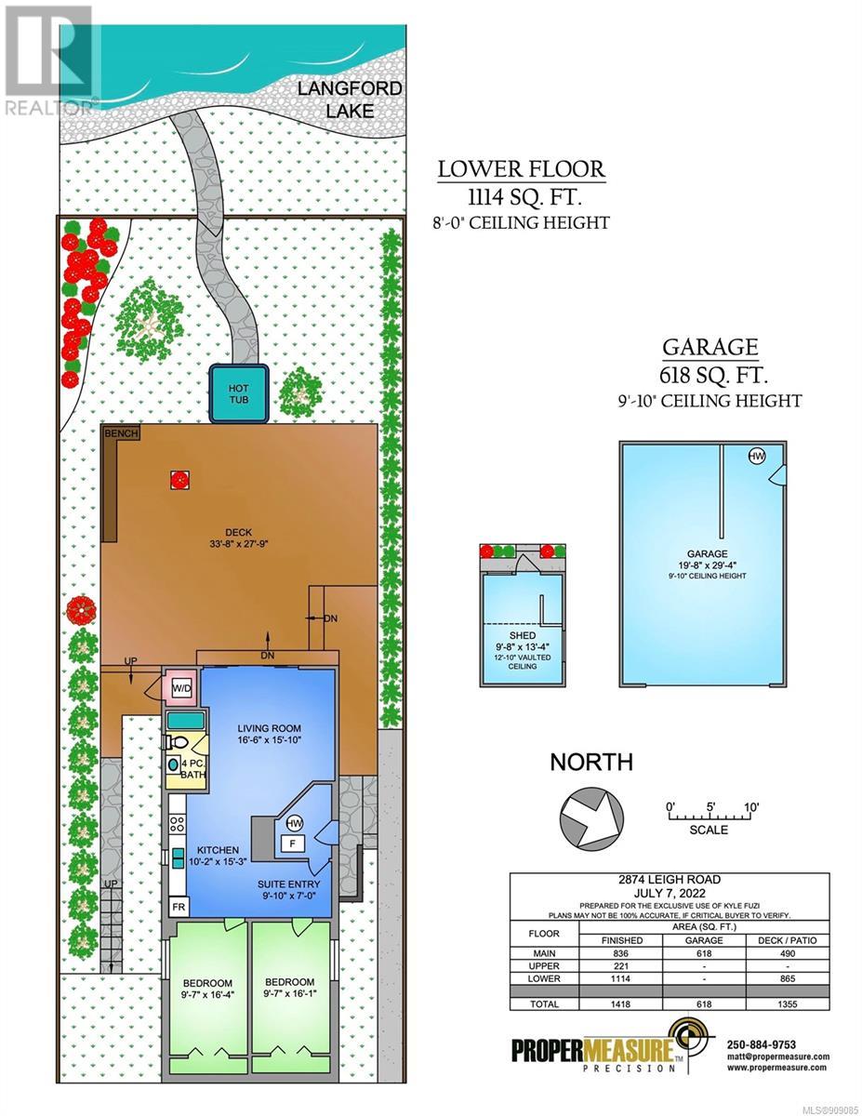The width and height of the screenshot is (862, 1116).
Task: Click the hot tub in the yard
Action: click(239, 393)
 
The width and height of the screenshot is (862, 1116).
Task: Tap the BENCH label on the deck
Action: click(122, 433)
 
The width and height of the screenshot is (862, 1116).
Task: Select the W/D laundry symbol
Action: click(180, 688)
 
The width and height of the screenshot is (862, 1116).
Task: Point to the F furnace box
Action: click(292, 844)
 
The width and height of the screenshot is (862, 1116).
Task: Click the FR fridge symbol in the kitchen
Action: click(179, 908)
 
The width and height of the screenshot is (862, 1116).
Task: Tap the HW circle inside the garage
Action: click(757, 456)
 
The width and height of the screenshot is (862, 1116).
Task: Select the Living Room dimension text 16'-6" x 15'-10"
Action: click(269, 739)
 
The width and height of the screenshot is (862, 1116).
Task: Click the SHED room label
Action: click(523, 636)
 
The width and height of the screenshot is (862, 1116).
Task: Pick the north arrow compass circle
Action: click(591, 817)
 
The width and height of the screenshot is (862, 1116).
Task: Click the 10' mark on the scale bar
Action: click(750, 807)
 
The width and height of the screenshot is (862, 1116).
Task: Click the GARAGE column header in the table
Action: click(704, 940)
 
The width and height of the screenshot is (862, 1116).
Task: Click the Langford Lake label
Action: click(350, 100)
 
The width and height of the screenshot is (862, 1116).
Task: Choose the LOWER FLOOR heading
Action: click(522, 169)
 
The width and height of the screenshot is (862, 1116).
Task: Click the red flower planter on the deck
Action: click(180, 480)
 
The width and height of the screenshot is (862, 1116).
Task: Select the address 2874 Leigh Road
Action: click(669, 879)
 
